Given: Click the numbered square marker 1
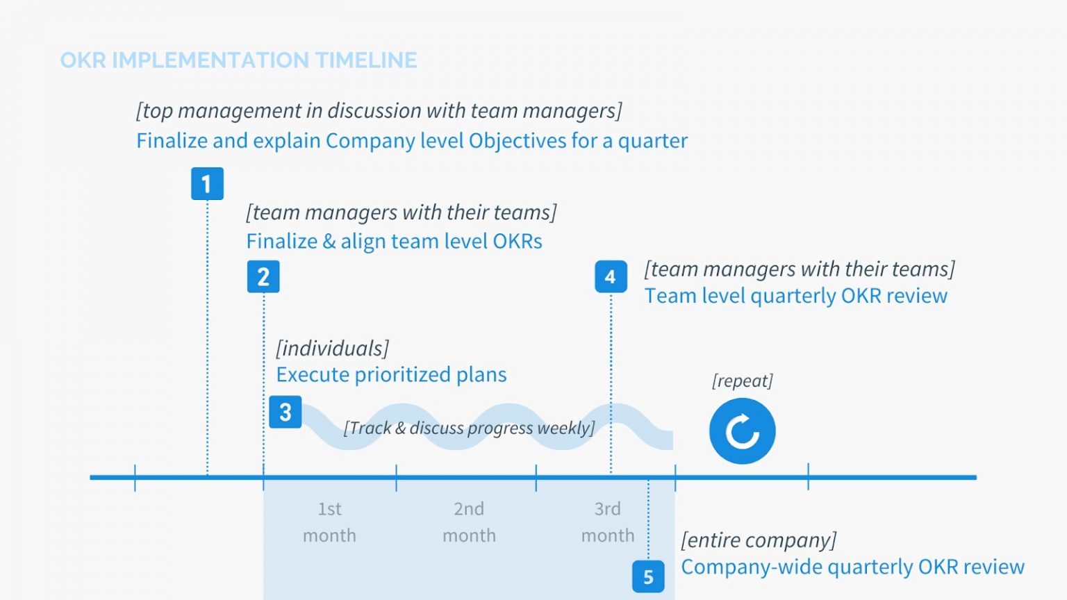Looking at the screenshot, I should (x=207, y=184).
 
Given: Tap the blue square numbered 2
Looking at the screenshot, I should (x=263, y=276).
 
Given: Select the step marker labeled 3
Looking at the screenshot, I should (x=285, y=412).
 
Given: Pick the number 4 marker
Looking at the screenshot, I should (x=611, y=276).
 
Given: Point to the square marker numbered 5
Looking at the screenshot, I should (x=648, y=576).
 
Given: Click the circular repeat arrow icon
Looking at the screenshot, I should (x=742, y=431).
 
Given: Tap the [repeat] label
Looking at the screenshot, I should (x=742, y=381).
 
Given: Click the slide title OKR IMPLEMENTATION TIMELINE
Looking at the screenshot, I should (x=238, y=60).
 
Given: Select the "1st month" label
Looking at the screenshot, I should (x=329, y=522).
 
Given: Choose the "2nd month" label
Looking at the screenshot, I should (x=469, y=522).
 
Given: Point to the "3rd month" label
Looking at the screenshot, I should (x=608, y=522).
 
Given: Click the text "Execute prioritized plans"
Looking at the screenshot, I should (x=391, y=375).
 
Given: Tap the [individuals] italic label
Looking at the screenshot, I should (x=332, y=348).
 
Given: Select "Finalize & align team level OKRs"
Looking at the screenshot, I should (x=394, y=242).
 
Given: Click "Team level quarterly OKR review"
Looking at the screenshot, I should (x=795, y=296).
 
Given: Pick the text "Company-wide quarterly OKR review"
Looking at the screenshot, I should (x=852, y=567).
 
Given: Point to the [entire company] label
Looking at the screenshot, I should (x=759, y=540).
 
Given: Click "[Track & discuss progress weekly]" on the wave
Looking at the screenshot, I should (x=469, y=428).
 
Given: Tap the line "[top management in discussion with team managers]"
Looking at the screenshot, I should (x=379, y=110).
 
